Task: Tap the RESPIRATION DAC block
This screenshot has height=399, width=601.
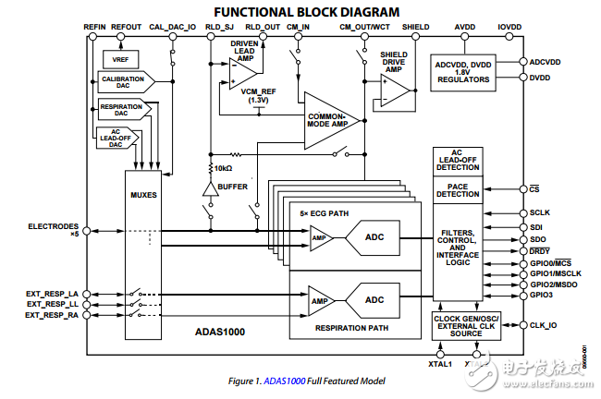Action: pos(121,111)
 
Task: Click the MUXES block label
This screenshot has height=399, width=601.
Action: pos(144,196)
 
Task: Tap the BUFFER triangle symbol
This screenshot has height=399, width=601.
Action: pos(211,188)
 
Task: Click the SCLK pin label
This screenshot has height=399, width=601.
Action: pos(540,213)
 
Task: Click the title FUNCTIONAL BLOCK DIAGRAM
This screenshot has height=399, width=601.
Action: pos(294,12)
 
